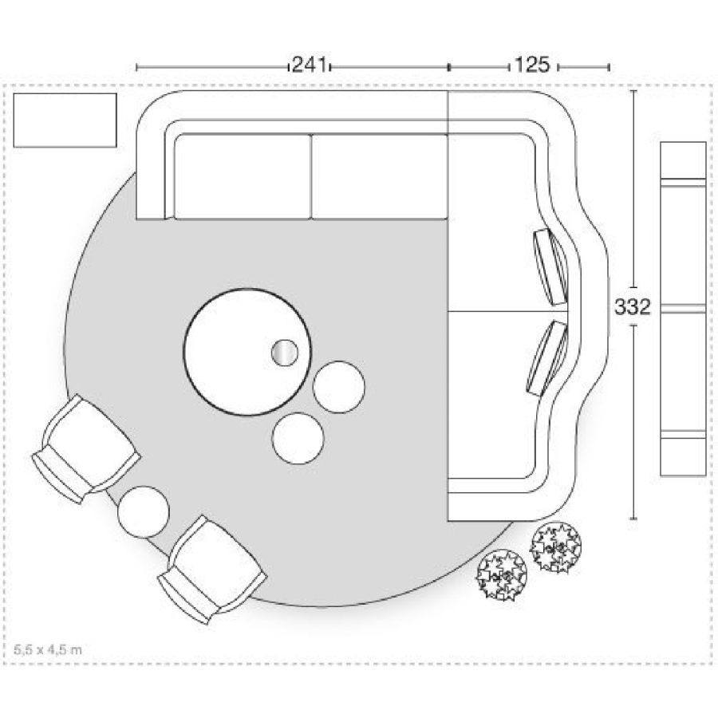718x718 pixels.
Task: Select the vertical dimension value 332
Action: tap(634, 307)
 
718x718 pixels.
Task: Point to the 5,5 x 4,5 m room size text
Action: tap(48, 649)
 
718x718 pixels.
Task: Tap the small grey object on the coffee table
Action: tap(285, 352)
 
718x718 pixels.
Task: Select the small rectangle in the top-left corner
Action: tap(65, 120)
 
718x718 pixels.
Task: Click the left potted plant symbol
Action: tap(502, 574)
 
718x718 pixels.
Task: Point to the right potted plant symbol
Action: tap(556, 546)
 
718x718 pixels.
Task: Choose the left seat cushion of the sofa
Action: tap(242, 176)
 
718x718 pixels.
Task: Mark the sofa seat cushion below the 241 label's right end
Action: tap(378, 176)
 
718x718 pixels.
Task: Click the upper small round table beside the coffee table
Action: tap(339, 386)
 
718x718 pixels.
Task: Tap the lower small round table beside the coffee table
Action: tap(298, 436)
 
